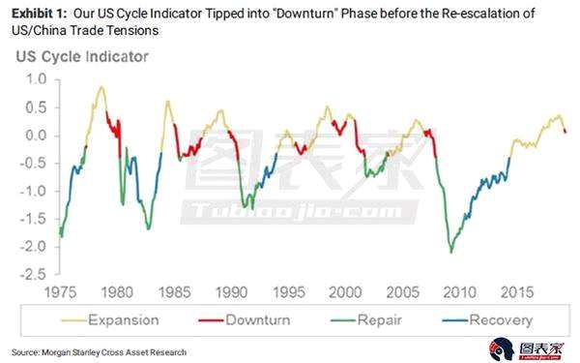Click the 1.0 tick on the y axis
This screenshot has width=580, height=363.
36,79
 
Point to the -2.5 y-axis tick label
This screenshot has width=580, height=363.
33,275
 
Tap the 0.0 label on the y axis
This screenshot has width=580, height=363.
36,136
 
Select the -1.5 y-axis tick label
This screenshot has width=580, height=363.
33,219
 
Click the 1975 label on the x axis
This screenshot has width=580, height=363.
60,292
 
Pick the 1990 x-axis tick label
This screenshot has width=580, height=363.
231,292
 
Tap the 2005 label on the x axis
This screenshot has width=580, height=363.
402,292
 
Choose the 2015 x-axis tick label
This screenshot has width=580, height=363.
517,292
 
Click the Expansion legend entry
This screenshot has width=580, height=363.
110,320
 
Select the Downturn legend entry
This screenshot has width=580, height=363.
245,320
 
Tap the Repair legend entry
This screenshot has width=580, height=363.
366,320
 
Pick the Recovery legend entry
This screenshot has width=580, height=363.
487,320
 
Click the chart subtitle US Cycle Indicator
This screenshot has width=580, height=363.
82,57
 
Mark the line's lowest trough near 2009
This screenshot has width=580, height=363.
450,253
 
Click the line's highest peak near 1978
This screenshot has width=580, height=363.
101,87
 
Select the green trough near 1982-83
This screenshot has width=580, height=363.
148,228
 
